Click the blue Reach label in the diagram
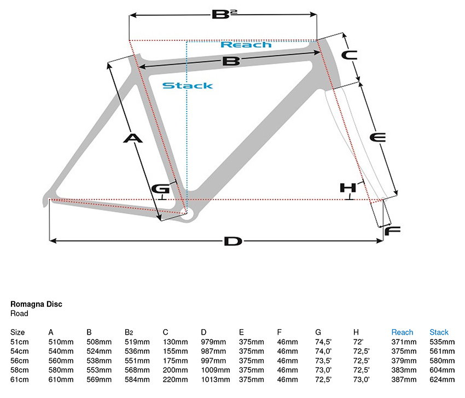point(246,45)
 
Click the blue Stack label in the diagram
point(187,85)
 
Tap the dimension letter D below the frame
point(233,241)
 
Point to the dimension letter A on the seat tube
point(132,138)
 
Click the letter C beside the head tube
point(349,55)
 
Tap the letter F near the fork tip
point(393,231)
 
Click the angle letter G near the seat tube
point(160,189)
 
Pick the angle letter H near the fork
point(348,188)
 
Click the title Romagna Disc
point(36,305)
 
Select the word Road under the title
point(19,314)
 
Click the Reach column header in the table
point(402,332)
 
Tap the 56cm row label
point(19,361)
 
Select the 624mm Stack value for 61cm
point(442,379)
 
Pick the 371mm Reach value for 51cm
point(404,342)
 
